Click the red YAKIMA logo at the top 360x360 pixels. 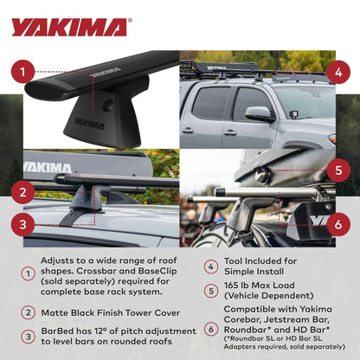(x=68, y=27)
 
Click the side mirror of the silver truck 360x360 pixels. (x=258, y=114)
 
